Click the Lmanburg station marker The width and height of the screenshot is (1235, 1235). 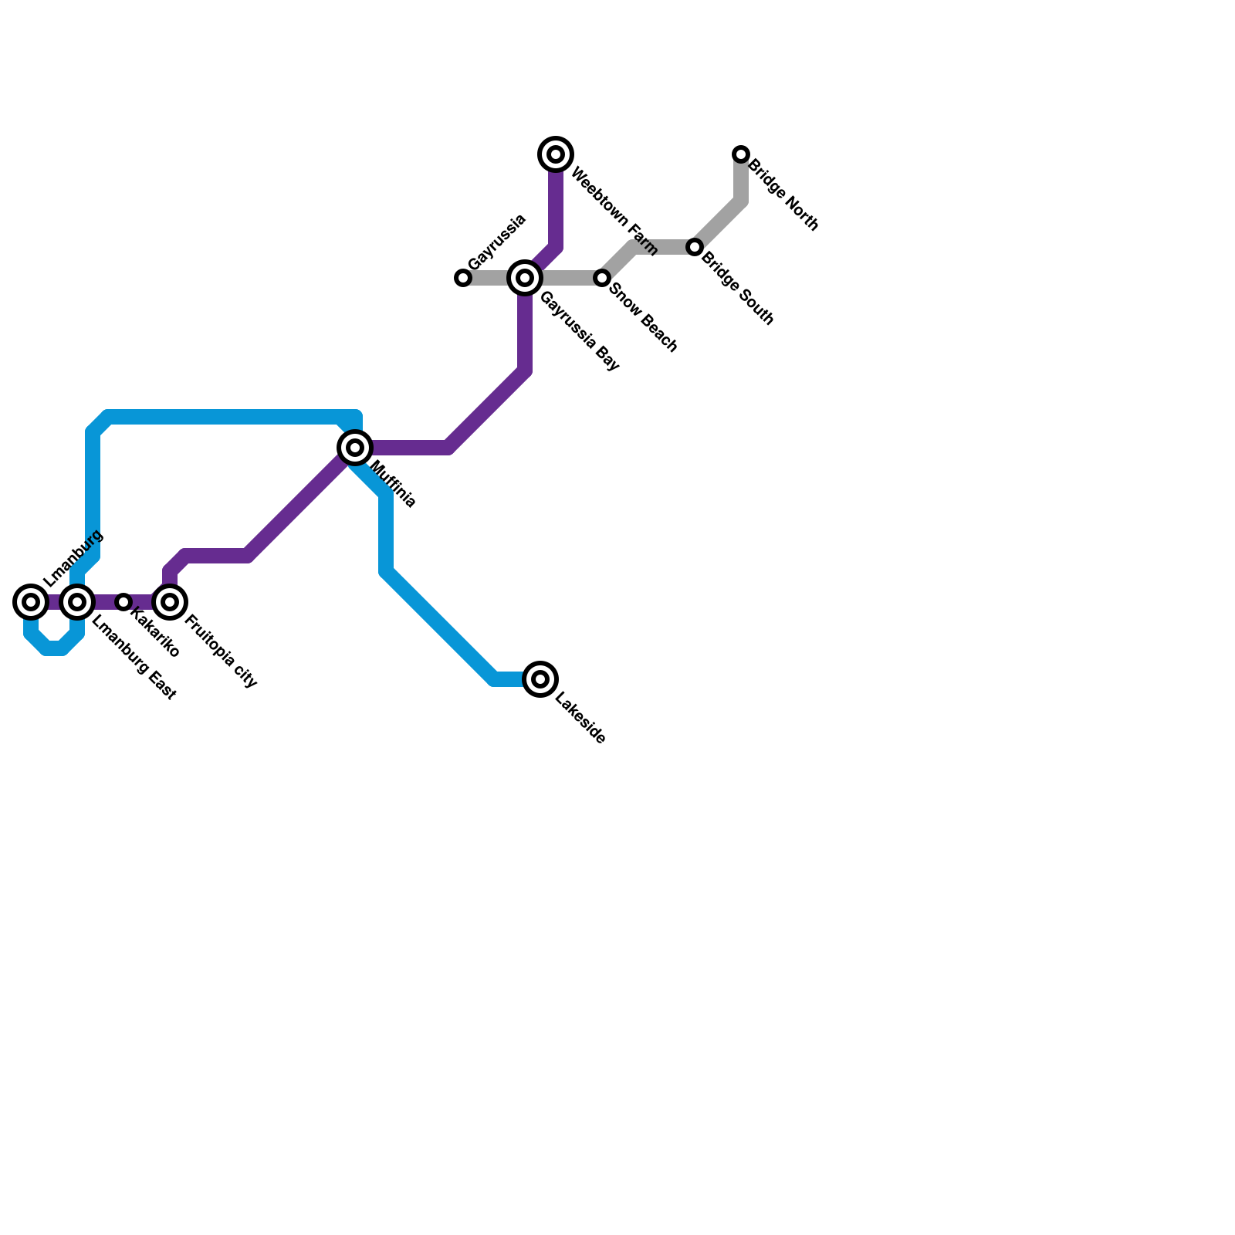click(31, 601)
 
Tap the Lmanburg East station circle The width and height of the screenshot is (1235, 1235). click(77, 601)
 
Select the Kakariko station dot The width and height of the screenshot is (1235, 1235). click(123, 601)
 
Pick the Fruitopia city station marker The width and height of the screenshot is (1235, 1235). click(170, 601)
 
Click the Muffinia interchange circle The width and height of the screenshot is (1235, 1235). click(355, 447)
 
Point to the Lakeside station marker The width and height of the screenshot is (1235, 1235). click(540, 679)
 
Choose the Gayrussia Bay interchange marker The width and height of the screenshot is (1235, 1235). click(525, 278)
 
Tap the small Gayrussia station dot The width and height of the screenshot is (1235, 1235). click(463, 278)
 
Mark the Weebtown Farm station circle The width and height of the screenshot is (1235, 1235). click(556, 154)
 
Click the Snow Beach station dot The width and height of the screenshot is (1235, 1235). click(602, 278)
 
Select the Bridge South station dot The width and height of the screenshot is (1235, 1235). click(695, 247)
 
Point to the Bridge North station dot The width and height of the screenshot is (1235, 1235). click(741, 154)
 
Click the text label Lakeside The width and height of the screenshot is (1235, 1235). click(580, 721)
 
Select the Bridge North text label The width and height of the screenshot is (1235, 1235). click(783, 195)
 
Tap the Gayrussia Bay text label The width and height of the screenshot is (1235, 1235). click(580, 332)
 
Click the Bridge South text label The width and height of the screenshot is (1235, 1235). click(737, 288)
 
